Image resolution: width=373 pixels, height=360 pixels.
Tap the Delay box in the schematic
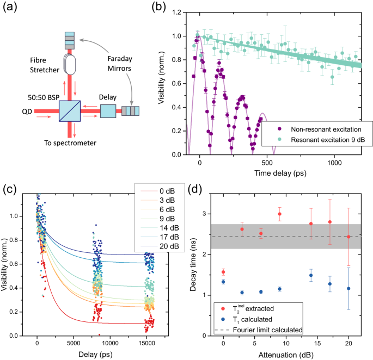tap(108, 111)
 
